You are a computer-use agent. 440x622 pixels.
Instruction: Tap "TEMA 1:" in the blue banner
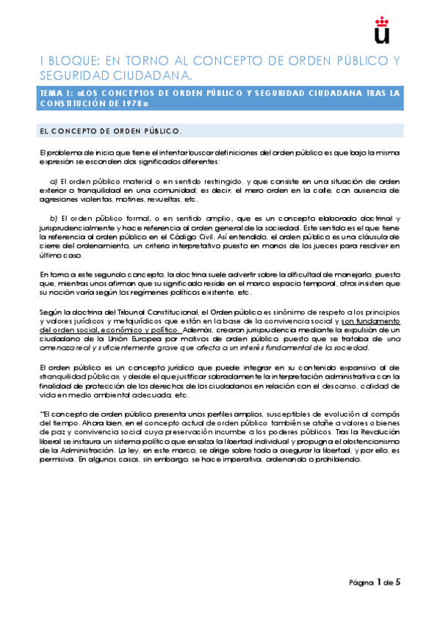tap(56, 93)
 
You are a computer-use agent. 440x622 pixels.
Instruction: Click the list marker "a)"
tap(54, 180)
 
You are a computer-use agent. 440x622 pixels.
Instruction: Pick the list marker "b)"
tap(54, 219)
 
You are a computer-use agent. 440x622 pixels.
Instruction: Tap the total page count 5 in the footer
tap(397, 582)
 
